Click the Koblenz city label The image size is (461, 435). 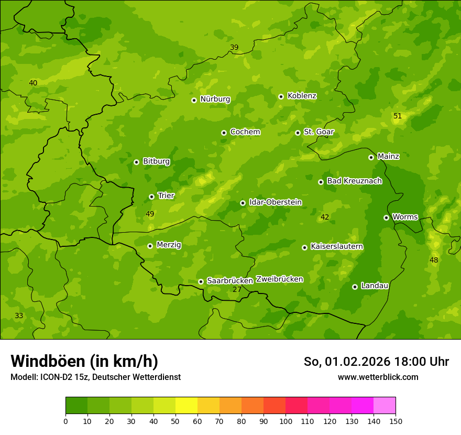coord(302,96)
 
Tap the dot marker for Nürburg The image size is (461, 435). coord(194,100)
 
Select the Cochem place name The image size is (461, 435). coord(245,132)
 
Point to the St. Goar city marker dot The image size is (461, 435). coord(298,133)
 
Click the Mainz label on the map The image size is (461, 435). coord(388,157)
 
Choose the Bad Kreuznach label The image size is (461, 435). coord(354,181)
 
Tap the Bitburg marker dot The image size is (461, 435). coord(136,162)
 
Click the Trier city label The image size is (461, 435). coord(166,195)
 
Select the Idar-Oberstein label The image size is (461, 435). coord(276,202)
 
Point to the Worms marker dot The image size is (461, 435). coord(386,217)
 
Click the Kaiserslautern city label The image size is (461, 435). coord(337,246)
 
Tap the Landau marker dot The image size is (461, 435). coord(355,287)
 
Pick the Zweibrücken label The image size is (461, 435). coord(279,279)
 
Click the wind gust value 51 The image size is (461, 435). coord(398,116)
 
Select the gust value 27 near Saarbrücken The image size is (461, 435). coord(237,289)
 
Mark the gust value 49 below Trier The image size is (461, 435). coord(150,214)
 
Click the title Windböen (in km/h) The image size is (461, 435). coord(84,361)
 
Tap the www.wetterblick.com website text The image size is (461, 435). coord(378,377)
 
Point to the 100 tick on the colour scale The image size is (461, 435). coord(286,421)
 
